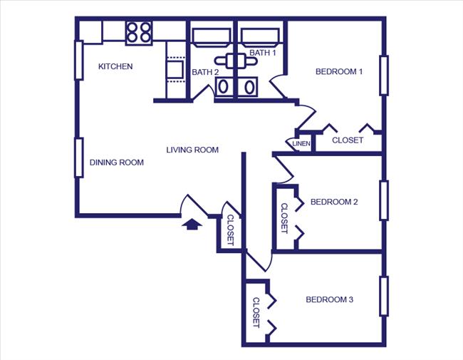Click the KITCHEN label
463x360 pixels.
coord(115,67)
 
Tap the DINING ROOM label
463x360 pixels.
coord(117,163)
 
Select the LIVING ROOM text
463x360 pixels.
coord(192,150)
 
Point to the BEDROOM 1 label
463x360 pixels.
coord(340,72)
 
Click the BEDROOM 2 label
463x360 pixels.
coord(334,202)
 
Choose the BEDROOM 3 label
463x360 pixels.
coord(329,300)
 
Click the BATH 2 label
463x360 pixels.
coord(205,72)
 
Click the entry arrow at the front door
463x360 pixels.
coord(192,225)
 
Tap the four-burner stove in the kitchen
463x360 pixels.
coord(139,32)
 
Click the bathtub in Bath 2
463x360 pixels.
coord(212,36)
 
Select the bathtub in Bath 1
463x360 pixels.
coord(262,36)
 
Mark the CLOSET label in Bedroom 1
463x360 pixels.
coord(348,140)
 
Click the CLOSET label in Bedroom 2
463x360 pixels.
coord(284,218)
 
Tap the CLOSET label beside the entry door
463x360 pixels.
coord(230,230)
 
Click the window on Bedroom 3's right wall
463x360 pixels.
coord(384,295)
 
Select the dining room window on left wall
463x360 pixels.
coord(78,157)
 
